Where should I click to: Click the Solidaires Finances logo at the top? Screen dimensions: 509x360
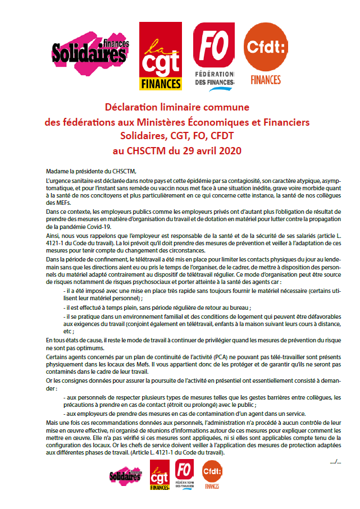click(90, 52)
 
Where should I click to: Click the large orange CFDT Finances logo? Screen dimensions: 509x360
click(266, 53)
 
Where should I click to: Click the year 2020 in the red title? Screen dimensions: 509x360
click(227, 150)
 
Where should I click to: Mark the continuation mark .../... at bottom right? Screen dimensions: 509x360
click(335, 461)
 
